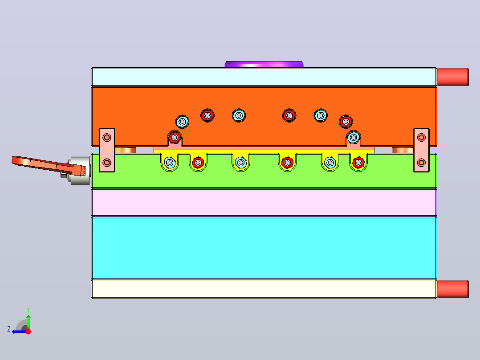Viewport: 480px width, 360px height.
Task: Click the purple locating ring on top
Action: tap(264, 64)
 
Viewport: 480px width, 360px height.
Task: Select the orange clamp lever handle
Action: tap(49, 165)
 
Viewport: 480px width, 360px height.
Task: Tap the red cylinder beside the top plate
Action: tap(453, 77)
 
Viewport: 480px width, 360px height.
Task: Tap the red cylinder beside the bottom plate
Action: tap(453, 289)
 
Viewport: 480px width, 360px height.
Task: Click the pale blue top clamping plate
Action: tap(264, 77)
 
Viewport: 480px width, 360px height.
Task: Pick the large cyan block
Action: tap(264, 248)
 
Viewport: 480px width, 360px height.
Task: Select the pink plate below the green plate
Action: tap(264, 203)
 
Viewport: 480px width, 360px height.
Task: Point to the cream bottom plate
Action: tap(264, 289)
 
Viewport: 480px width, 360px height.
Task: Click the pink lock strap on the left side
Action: tap(107, 150)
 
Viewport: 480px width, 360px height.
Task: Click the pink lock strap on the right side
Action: tap(421, 150)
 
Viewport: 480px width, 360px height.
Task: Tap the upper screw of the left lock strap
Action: tap(107, 137)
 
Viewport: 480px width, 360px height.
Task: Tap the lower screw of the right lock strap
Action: tap(421, 162)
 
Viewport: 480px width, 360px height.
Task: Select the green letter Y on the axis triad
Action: tap(28, 310)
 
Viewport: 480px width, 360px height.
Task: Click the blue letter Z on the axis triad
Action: tap(9, 329)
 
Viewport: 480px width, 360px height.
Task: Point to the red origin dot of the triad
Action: tap(28, 331)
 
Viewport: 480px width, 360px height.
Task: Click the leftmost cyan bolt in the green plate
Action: tap(170, 162)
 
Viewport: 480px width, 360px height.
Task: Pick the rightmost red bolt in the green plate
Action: tap(358, 162)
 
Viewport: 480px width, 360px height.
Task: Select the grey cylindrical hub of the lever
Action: tap(80, 171)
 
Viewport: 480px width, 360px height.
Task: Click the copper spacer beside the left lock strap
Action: tap(125, 150)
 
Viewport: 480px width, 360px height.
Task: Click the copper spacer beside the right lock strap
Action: tap(403, 150)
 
